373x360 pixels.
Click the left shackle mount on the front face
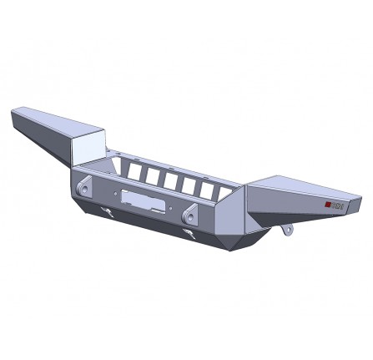coord(85,189)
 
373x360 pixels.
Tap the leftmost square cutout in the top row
coord(131,170)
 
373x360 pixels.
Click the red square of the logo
coord(327,205)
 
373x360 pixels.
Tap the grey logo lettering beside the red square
coord(336,205)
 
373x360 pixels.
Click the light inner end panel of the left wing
coord(87,149)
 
